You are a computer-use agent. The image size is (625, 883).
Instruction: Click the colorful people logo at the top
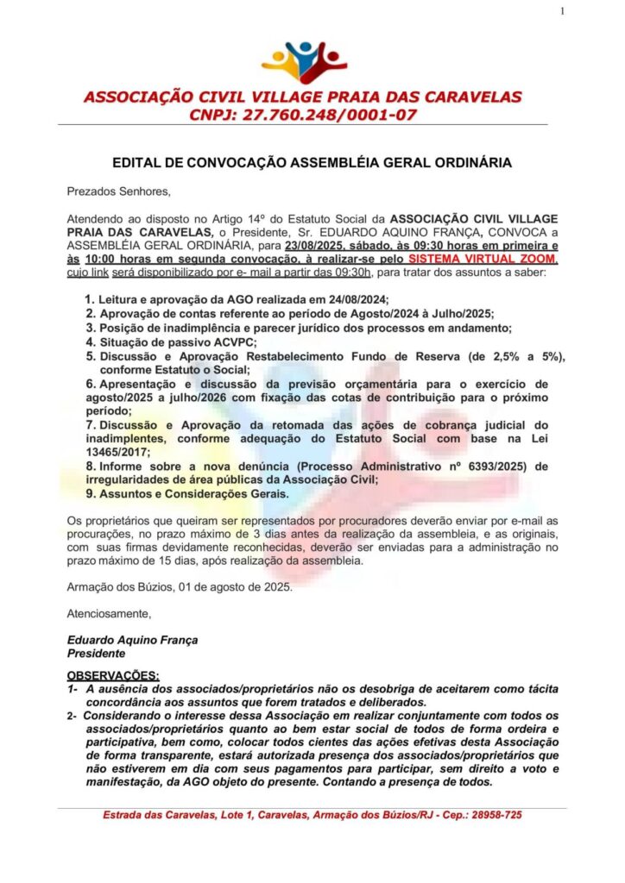tap(304, 61)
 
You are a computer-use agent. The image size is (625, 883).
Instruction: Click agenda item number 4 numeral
tap(90, 342)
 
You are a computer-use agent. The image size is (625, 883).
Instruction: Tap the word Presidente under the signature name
tap(97, 654)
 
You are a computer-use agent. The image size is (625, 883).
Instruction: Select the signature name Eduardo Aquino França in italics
tap(132, 640)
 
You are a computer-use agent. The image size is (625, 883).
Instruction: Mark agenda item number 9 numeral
tap(90, 494)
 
